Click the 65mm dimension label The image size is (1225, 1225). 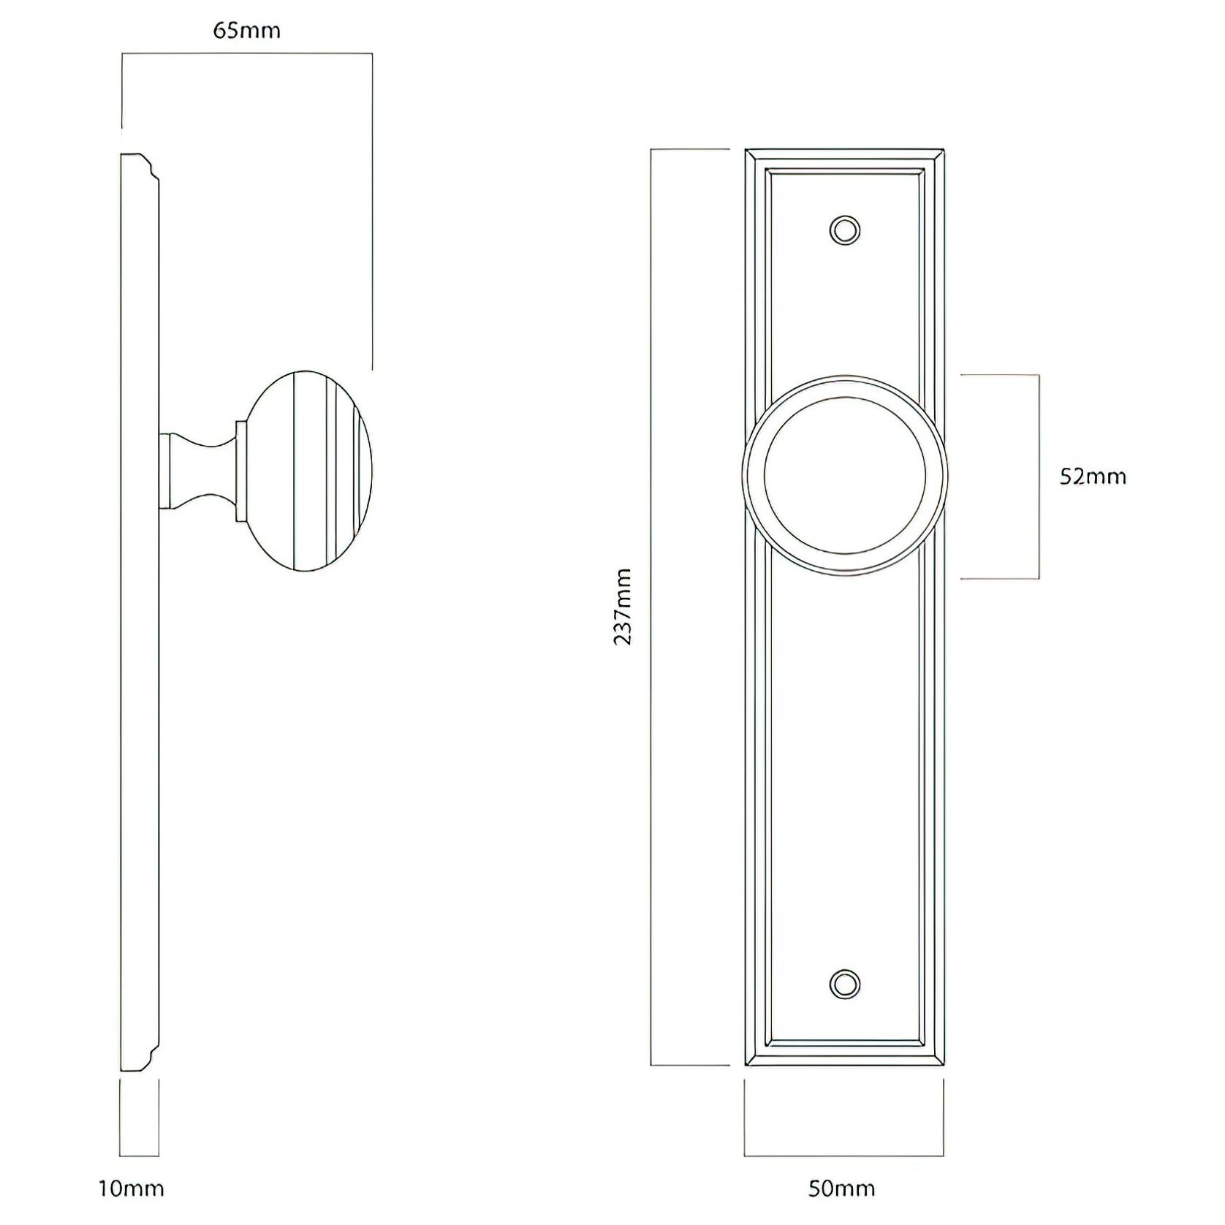coord(246,31)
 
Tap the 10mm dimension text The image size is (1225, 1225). coord(132,1188)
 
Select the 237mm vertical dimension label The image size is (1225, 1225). coord(623,607)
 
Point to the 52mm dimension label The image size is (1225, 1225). coord(1093,477)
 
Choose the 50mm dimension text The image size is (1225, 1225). coord(841,1188)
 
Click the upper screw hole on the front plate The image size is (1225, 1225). coord(845,230)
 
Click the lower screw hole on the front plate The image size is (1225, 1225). coord(845,984)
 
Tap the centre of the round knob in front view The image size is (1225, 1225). coord(845,475)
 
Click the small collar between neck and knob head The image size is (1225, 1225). coord(239,471)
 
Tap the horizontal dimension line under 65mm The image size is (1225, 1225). coord(247,53)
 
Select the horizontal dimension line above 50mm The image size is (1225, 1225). coord(844,1156)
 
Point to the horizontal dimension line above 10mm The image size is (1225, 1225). coord(139,1156)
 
